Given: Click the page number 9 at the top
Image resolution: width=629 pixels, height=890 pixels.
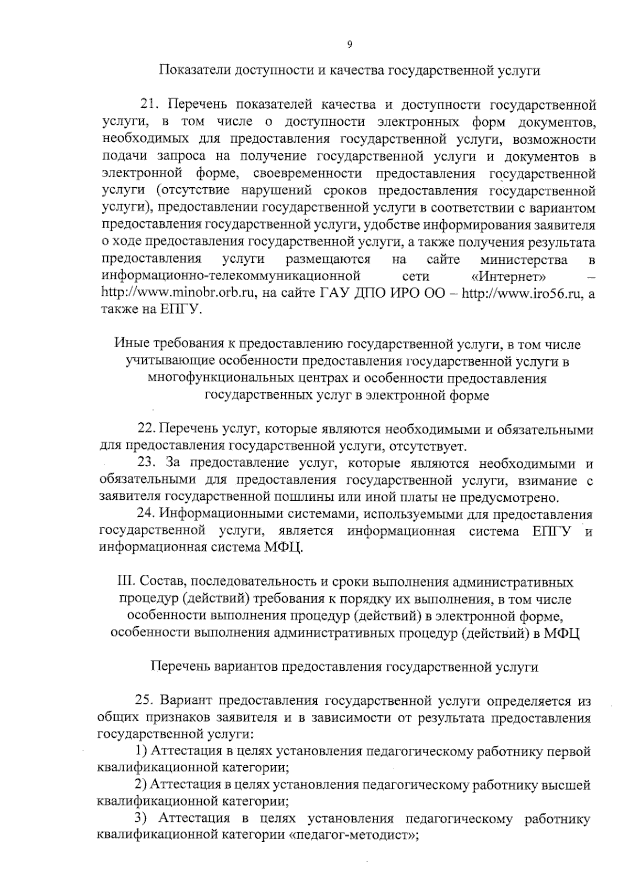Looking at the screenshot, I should point(350,45).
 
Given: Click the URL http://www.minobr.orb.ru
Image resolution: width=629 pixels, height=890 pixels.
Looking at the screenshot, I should point(178,293).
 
